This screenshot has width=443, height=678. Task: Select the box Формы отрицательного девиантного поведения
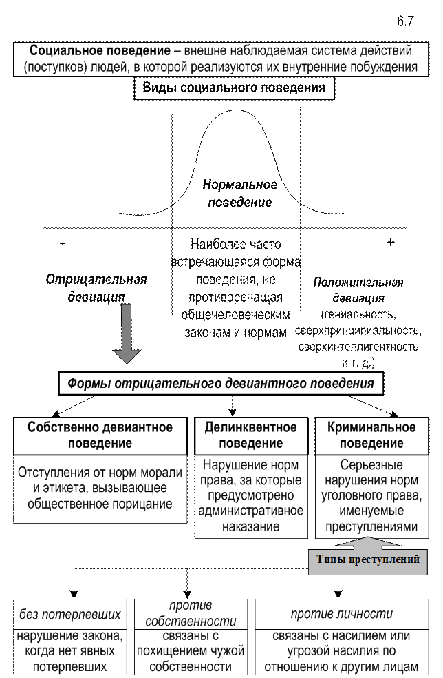point(221,384)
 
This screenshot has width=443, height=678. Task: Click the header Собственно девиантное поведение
point(100,435)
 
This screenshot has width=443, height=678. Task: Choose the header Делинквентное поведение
point(251,435)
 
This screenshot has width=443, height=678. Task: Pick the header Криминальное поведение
point(371,435)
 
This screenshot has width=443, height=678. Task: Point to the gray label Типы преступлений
point(368,559)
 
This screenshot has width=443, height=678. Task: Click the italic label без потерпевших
point(71,614)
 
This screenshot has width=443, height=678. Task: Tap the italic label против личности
point(341,614)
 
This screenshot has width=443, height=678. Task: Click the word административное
point(251,511)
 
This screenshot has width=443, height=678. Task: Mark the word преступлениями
point(371,526)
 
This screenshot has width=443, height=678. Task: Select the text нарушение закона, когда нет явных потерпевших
point(71,651)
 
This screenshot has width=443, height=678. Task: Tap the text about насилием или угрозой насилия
point(341,651)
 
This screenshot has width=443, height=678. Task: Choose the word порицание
point(140,504)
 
